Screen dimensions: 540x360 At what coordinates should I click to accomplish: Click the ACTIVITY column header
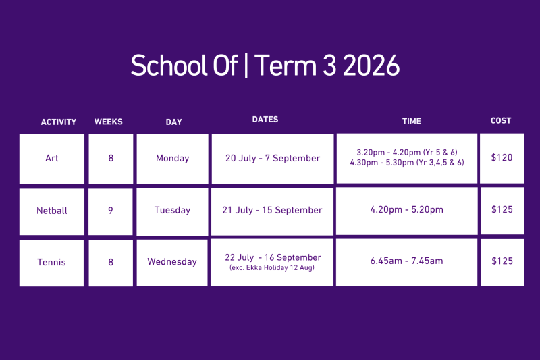59,122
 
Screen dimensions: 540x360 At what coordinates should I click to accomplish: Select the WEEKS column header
109,122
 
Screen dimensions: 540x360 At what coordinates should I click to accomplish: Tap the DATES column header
265,119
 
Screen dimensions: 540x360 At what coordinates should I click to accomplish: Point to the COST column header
501,121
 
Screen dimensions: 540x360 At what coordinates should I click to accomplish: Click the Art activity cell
52,159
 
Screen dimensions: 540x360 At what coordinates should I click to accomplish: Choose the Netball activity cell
52,211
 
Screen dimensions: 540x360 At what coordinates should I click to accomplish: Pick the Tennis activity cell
51,263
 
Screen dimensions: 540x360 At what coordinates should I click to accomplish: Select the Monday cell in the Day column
173,159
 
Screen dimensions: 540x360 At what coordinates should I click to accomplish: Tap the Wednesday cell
172,263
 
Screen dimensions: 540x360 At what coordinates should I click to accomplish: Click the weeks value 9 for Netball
111,211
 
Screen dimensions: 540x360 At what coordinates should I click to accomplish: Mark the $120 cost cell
502,159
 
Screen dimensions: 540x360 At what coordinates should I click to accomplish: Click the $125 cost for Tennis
502,263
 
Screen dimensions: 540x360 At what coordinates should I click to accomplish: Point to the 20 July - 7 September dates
273,159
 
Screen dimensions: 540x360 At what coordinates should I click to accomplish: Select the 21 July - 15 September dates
272,210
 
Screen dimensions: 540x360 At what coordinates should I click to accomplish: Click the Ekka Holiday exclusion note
272,267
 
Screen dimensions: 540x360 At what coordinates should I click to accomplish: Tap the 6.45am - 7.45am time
407,261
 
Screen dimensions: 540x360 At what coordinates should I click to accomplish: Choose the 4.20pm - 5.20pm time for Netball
407,210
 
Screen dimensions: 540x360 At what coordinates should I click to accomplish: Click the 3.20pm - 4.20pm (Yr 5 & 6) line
407,152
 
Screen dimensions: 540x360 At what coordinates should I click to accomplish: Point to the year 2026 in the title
371,66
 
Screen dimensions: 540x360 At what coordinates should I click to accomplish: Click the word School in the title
169,65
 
